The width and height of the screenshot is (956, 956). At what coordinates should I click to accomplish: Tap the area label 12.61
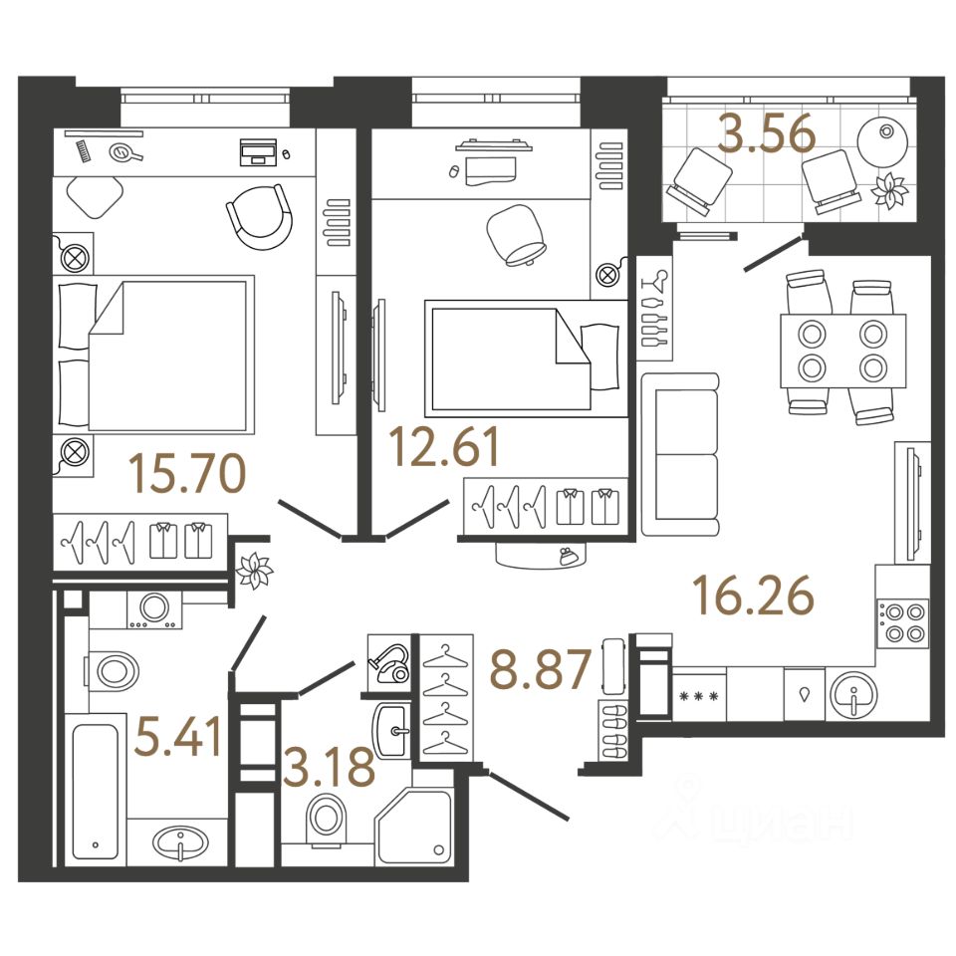coord(444,447)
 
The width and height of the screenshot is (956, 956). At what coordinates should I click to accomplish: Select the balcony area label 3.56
coord(768,135)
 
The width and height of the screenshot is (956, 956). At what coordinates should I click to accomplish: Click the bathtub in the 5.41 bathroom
coord(94,788)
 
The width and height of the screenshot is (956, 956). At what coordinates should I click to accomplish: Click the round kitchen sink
coord(853,694)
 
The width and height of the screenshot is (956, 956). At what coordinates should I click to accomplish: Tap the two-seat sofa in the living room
coord(680,453)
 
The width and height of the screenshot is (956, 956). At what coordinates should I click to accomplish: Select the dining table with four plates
coord(842,351)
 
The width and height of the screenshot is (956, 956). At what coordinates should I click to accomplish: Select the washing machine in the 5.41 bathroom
coord(153,609)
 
